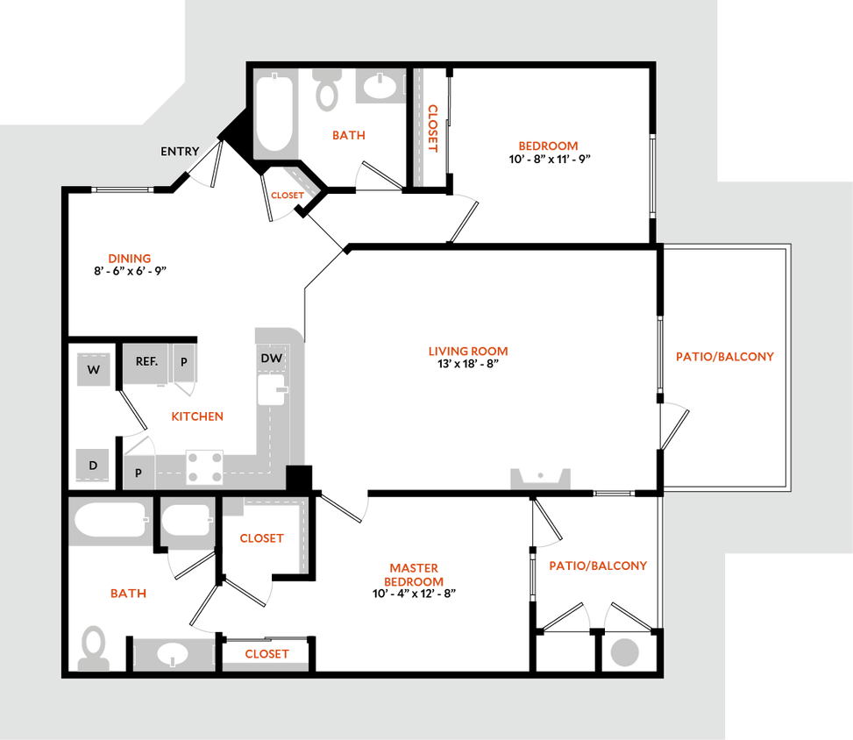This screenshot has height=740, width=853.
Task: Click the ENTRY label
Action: (180, 152)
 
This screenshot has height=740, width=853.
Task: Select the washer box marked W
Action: (93, 370)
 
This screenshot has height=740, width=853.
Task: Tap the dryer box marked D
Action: (93, 466)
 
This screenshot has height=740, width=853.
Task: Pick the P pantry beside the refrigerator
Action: (184, 361)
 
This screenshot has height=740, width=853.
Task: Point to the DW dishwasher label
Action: (271, 359)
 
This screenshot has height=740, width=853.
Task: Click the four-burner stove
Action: (204, 466)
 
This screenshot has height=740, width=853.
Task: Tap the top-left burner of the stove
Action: (193, 457)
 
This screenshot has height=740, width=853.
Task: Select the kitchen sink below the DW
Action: (271, 390)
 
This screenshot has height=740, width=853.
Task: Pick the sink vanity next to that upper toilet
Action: (380, 87)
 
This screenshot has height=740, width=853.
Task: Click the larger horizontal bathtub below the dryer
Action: (110, 522)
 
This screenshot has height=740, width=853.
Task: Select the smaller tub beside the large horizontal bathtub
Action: (187, 523)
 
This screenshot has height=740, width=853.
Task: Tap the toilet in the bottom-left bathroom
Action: (93, 648)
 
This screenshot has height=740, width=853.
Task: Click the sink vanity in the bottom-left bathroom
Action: (174, 654)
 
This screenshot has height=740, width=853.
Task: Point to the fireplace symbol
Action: (541, 478)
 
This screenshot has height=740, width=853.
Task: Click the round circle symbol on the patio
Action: (625, 652)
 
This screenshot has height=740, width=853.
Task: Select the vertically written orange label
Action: (433, 128)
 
